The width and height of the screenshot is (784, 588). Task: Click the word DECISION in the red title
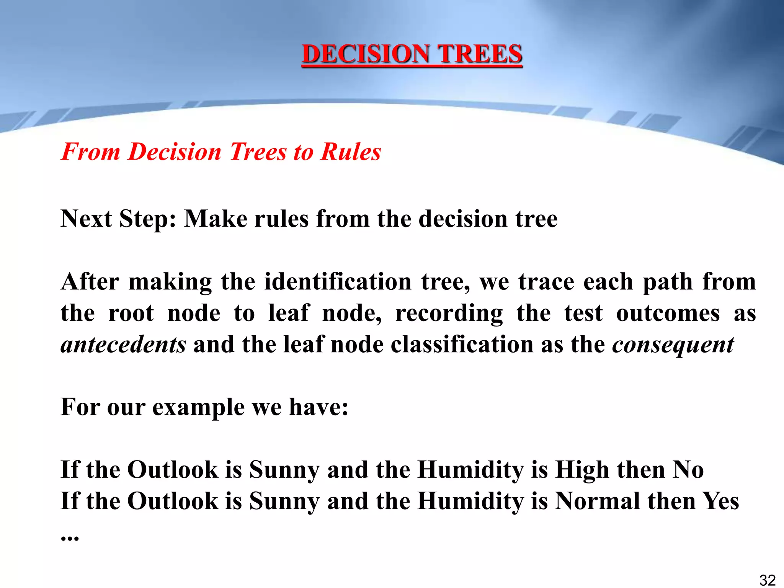[366, 54]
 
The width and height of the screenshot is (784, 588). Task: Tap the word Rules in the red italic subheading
[351, 152]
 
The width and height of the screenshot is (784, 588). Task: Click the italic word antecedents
[123, 345]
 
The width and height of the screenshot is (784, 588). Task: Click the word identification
[338, 282]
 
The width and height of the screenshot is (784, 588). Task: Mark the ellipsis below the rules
[70, 537]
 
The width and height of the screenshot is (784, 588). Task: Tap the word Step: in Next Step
[147, 219]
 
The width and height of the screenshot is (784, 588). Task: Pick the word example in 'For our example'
[198, 407]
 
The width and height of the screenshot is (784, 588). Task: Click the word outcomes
[668, 313]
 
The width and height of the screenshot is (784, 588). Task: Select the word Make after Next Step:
[216, 219]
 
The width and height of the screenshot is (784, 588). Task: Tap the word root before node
[131, 313]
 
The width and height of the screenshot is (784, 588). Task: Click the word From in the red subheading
[91, 152]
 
